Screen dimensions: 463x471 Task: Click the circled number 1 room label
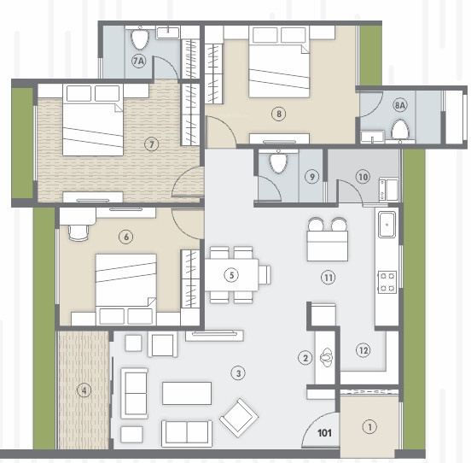(369, 426)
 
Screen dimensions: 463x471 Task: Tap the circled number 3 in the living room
(239, 373)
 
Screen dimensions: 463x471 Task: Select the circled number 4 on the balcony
(83, 390)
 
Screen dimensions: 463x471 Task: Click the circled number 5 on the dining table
(230, 275)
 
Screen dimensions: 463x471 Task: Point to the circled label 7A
(137, 62)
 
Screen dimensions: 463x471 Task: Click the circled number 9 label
(312, 177)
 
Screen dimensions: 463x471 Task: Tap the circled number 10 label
(363, 177)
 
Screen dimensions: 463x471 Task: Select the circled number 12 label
(363, 349)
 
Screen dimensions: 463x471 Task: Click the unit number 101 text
(323, 432)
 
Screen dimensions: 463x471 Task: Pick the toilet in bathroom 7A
(141, 38)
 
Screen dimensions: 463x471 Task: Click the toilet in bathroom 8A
(398, 129)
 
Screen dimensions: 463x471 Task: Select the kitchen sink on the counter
(387, 226)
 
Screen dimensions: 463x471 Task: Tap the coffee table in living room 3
(187, 393)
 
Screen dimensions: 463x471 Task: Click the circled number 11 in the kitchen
(327, 278)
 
